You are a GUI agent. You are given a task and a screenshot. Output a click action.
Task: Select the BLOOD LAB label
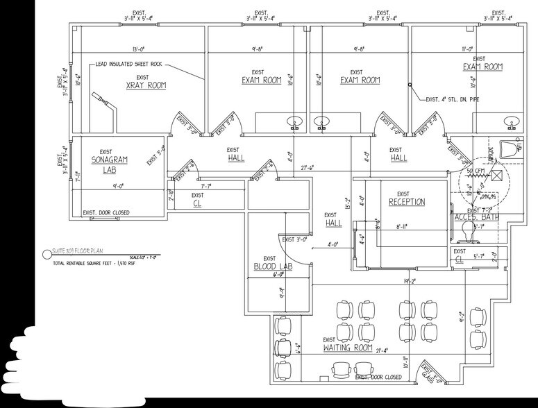273,266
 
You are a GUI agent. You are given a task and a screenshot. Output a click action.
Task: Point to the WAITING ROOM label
348,347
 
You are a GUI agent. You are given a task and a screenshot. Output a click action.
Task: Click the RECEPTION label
407,202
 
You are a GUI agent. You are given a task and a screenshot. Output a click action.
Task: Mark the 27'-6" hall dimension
308,167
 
